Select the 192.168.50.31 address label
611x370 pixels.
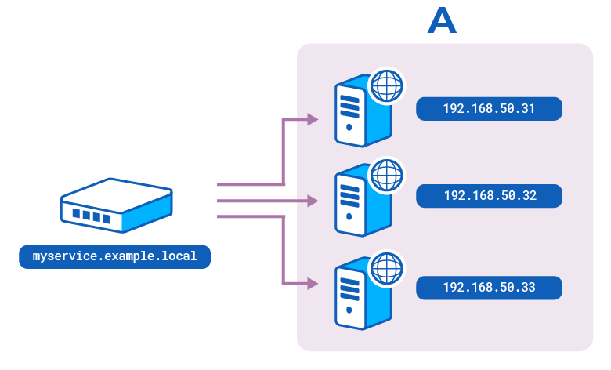(489, 109)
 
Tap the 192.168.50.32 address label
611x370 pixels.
(489, 196)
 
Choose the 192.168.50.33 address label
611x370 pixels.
(489, 288)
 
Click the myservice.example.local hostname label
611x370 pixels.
(114, 257)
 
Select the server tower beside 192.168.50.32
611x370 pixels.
(360, 201)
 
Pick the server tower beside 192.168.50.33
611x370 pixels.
(360, 293)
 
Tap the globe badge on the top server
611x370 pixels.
(386, 85)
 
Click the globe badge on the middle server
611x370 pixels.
(386, 175)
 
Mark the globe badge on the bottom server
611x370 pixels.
(386, 267)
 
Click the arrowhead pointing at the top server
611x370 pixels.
(313, 120)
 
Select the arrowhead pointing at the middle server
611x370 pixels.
(313, 201)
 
